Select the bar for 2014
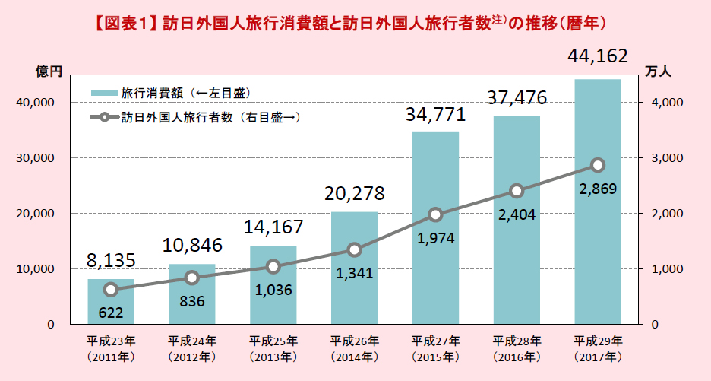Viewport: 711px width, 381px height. click(x=354, y=289)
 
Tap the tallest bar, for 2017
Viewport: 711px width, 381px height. click(x=597, y=228)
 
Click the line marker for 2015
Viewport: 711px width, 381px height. click(x=435, y=214)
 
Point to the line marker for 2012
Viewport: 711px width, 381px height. click(x=192, y=278)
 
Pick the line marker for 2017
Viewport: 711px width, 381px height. click(x=598, y=165)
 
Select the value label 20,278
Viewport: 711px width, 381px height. click(x=353, y=193)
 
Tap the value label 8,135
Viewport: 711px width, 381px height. click(x=111, y=261)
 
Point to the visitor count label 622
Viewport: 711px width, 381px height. click(x=111, y=312)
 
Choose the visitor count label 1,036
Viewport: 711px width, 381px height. click(x=273, y=290)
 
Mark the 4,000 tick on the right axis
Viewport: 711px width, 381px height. click(x=668, y=103)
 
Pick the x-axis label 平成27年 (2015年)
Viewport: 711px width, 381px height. click(x=435, y=348)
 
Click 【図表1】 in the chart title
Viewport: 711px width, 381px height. click(x=126, y=23)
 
